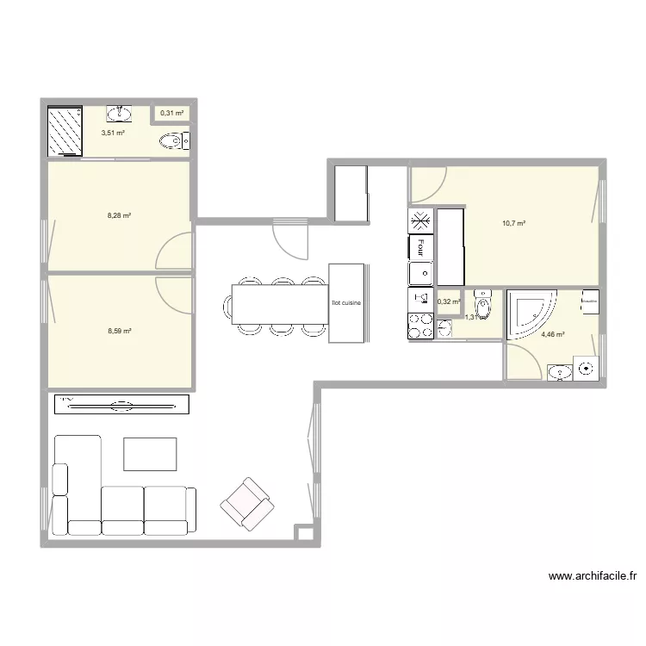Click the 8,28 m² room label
[x=119, y=215]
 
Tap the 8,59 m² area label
[x=119, y=331]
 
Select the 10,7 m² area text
[x=513, y=223]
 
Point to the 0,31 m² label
[x=171, y=113]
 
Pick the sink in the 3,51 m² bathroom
[x=120, y=114]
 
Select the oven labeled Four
[x=420, y=248]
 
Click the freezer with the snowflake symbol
[x=420, y=221]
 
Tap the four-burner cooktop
[x=420, y=326]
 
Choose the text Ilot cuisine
[x=346, y=303]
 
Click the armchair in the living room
[x=247, y=502]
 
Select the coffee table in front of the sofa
[x=150, y=454]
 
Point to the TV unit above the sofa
[x=121, y=404]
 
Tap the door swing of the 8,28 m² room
[x=175, y=252]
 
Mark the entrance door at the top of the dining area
[x=290, y=239]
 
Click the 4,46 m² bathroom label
[x=552, y=334]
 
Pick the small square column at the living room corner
[x=303, y=533]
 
